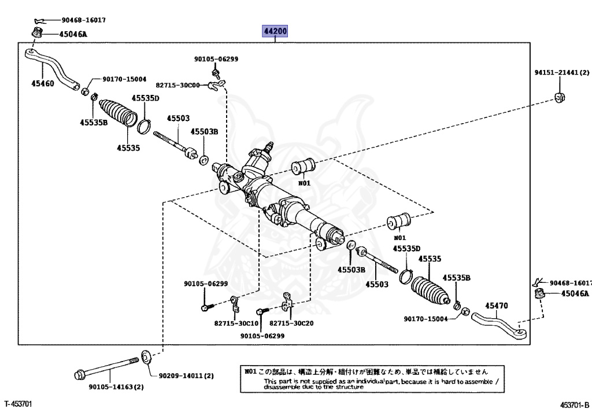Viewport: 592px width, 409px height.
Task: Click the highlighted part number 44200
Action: click(275, 31)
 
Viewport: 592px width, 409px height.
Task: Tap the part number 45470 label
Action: click(496, 305)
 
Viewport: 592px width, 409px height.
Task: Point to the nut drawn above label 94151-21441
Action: click(559, 97)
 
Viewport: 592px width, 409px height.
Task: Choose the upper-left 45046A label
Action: click(73, 34)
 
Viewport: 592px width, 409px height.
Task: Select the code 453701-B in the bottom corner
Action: click(574, 403)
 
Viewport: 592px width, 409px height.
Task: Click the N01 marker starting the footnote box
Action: click(250, 371)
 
